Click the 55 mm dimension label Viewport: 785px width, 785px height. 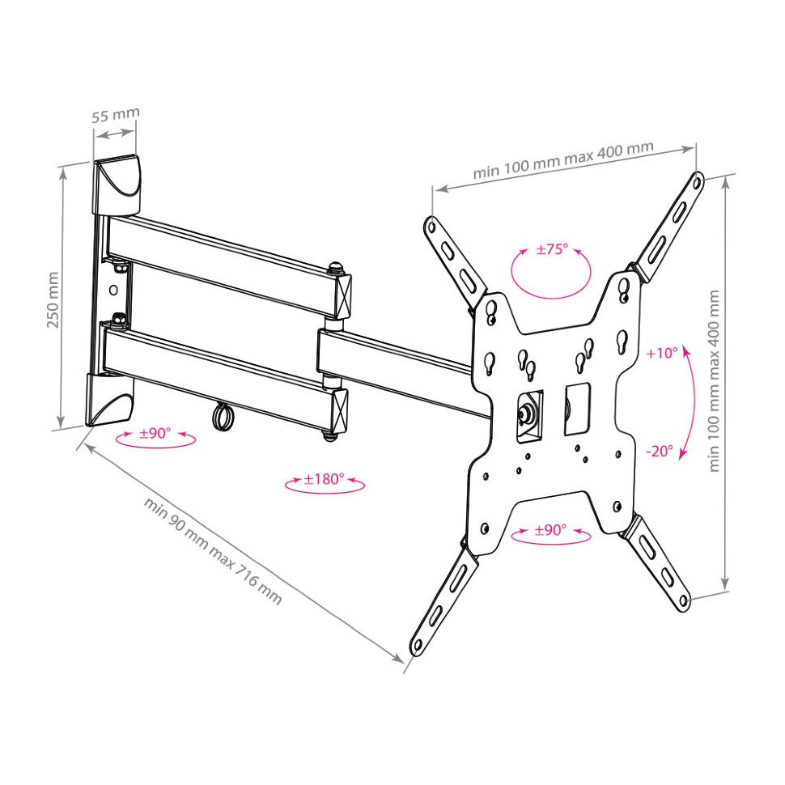tap(115, 115)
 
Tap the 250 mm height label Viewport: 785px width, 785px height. tap(53, 300)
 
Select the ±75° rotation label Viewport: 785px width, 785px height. tap(553, 248)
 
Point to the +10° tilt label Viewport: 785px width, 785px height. tap(662, 353)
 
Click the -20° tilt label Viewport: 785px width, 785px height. tap(660, 451)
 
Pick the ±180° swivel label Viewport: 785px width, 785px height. tap(324, 479)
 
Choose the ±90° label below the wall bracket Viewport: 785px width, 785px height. tap(155, 433)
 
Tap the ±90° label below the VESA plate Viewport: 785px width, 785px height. tap(550, 530)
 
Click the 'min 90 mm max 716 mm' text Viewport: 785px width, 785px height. tap(214, 549)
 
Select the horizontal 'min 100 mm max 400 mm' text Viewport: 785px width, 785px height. tap(563, 159)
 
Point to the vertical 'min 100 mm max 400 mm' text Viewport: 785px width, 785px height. tap(714, 380)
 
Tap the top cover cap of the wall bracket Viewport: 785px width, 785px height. tap(116, 185)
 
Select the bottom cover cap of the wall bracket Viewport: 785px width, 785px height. tap(110, 400)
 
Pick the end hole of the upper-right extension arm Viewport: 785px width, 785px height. tap(697, 183)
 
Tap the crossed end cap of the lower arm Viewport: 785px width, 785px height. tap(341, 410)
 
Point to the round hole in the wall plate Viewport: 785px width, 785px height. tap(113, 290)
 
